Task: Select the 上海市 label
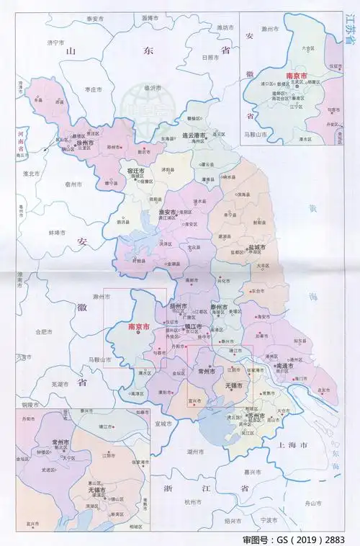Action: [x=293, y=447]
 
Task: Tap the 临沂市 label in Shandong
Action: [x=151, y=88]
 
